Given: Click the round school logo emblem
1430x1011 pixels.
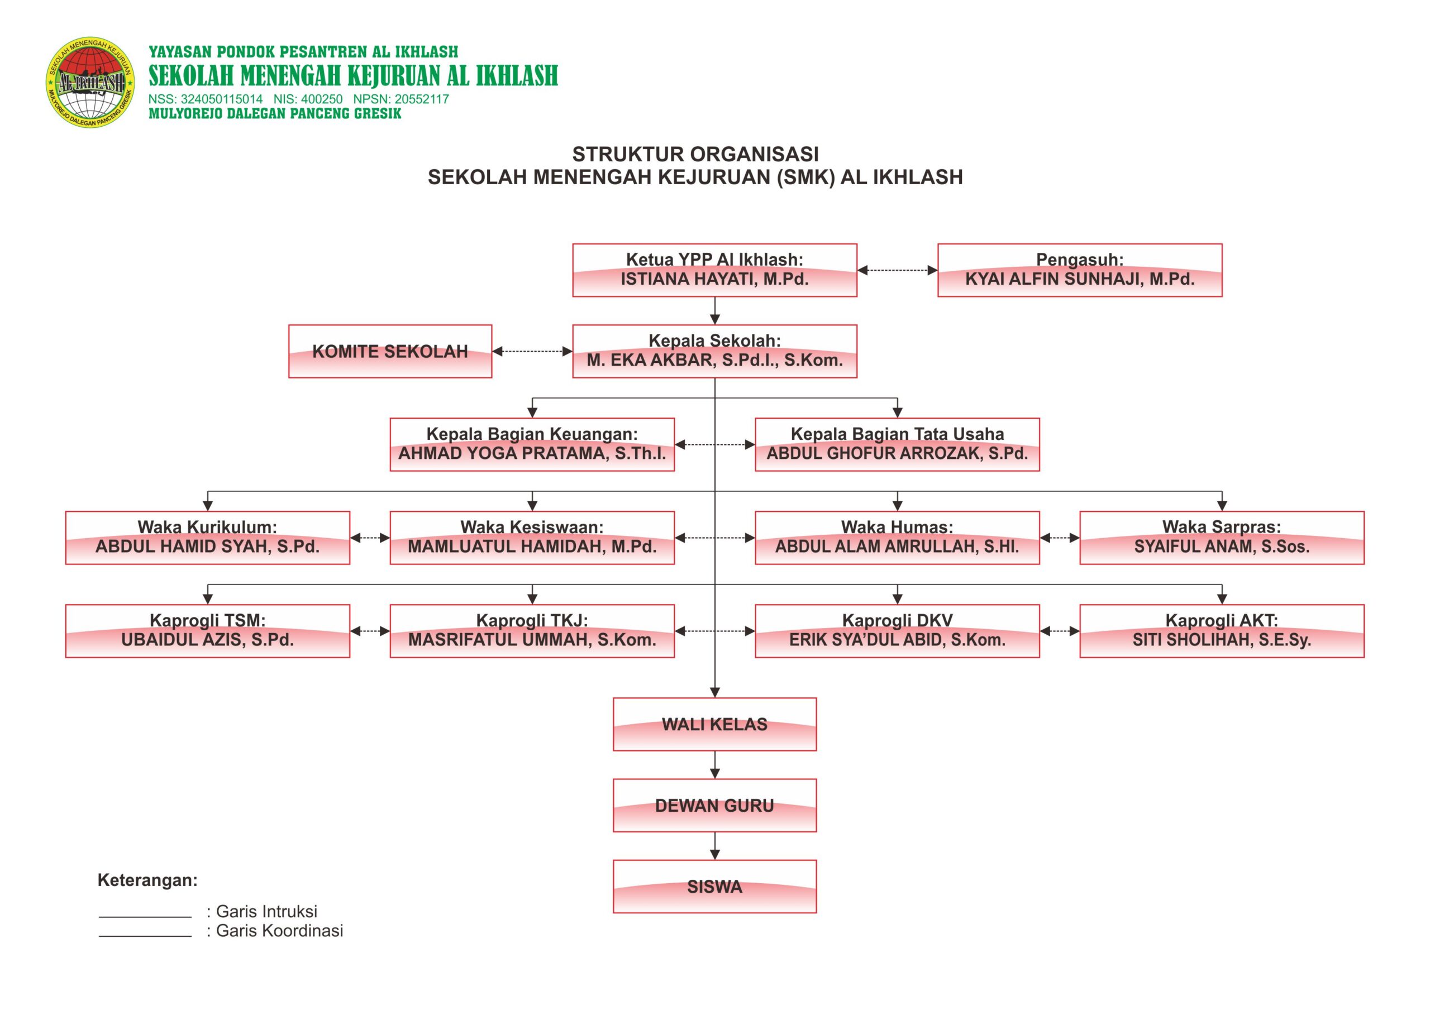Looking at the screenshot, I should [x=91, y=82].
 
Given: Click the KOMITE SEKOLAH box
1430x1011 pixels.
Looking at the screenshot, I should [x=390, y=351].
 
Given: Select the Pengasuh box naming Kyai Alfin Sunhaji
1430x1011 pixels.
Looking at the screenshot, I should [x=1079, y=270].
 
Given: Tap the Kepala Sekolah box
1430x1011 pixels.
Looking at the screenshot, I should [x=714, y=351].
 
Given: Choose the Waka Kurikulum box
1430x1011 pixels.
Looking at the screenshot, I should [x=207, y=538].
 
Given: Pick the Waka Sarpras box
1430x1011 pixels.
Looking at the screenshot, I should [x=1221, y=538].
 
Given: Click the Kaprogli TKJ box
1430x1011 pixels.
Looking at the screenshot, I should [x=532, y=631].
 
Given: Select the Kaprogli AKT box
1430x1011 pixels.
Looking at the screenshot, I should [x=1221, y=631].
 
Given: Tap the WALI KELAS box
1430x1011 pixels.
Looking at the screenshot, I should [x=714, y=724].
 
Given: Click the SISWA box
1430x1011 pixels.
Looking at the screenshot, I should [x=714, y=887].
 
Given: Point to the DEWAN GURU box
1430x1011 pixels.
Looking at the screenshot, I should [x=714, y=806].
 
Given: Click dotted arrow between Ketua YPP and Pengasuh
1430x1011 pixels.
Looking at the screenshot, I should [x=897, y=270].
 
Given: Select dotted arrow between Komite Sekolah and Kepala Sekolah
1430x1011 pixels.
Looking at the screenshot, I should [x=532, y=351].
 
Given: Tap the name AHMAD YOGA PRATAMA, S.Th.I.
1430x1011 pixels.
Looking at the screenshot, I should [x=532, y=453].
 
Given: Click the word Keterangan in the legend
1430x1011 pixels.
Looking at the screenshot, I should [x=147, y=880].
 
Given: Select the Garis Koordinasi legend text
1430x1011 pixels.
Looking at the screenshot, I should [x=279, y=931].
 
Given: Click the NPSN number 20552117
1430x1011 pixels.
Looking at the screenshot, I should [x=421, y=99].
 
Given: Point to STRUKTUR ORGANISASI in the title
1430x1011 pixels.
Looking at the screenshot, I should [x=695, y=154].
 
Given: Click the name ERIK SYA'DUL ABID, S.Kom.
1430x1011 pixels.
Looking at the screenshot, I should [x=897, y=640].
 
